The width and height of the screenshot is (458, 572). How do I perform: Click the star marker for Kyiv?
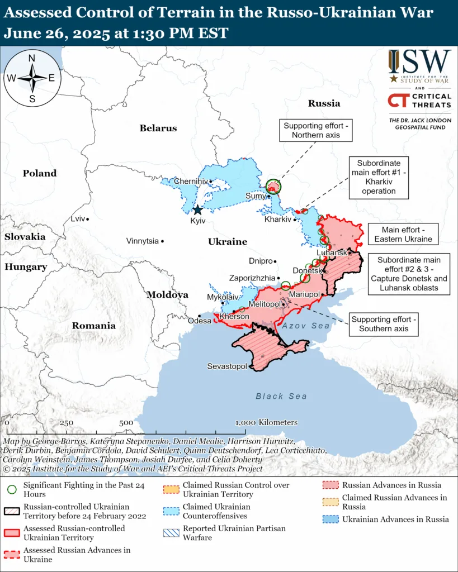click(197, 210)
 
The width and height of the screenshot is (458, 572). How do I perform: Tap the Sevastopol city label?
click(226, 366)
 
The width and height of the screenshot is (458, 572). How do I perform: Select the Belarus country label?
click(158, 128)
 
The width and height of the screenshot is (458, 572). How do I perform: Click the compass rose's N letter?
click(32, 58)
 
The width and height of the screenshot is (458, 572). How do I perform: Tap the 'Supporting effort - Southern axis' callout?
click(383, 324)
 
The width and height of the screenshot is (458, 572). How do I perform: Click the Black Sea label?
click(281, 396)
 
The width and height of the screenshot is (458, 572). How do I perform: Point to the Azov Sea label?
click(298, 325)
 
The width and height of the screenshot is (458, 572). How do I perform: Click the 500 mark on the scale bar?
click(126, 423)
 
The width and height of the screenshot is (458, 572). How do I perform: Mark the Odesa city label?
click(200, 321)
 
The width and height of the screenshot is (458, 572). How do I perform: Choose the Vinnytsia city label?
click(142, 241)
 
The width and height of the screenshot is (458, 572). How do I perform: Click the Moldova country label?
click(167, 294)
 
